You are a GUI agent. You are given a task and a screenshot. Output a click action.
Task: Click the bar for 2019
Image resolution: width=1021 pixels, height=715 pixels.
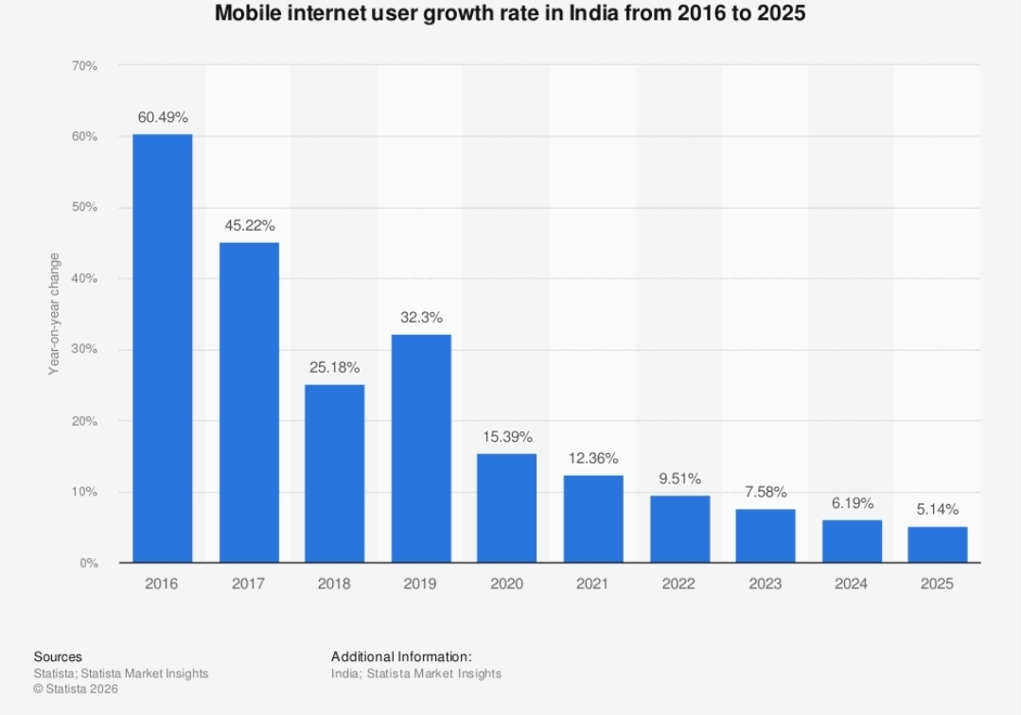click(x=421, y=448)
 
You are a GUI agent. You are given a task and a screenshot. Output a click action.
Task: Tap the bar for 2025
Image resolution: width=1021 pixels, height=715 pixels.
click(x=937, y=545)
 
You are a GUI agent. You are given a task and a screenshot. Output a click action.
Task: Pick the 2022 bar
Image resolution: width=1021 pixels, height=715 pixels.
click(x=679, y=529)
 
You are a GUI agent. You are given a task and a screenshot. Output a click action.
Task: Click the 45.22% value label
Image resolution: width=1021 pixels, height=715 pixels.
click(x=249, y=226)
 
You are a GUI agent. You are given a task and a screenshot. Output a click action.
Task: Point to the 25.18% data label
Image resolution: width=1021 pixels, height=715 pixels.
click(x=334, y=367)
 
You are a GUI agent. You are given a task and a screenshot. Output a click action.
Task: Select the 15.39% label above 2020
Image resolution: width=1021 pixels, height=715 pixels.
click(x=506, y=437)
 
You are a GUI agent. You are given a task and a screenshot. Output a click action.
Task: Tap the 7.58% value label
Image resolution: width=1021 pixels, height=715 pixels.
click(x=765, y=493)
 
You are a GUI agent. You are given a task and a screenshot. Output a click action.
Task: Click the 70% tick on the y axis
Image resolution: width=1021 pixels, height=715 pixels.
click(x=84, y=66)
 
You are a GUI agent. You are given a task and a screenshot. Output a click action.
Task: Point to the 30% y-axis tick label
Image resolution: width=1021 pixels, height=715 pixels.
click(x=84, y=350)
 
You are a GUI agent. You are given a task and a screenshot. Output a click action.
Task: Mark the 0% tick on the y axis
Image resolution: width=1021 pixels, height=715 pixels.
click(x=88, y=564)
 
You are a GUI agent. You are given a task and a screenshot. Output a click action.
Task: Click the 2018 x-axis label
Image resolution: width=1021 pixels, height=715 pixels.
click(x=334, y=584)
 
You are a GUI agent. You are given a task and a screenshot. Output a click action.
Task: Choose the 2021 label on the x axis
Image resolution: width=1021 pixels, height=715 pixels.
click(x=592, y=584)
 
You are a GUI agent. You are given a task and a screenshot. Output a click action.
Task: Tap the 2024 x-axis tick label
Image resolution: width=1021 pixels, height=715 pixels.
click(x=851, y=584)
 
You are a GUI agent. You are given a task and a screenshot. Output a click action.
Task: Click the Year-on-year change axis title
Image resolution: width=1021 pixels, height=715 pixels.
click(x=55, y=314)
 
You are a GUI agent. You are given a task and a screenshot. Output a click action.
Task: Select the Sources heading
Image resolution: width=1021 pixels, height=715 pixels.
click(x=58, y=656)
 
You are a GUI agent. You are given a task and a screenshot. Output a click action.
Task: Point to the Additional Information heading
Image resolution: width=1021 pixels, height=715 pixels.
click(x=401, y=656)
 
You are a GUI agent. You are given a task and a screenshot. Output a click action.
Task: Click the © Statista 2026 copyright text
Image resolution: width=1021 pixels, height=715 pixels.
click(x=76, y=689)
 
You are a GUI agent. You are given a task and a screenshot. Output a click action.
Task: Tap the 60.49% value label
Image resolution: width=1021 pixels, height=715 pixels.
click(x=163, y=118)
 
